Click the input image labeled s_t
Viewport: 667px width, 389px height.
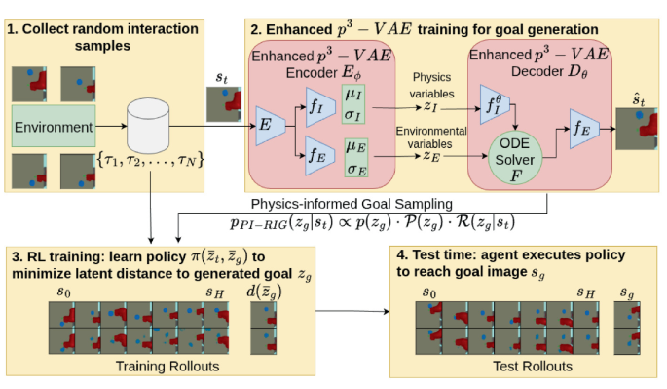(x=223, y=104)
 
